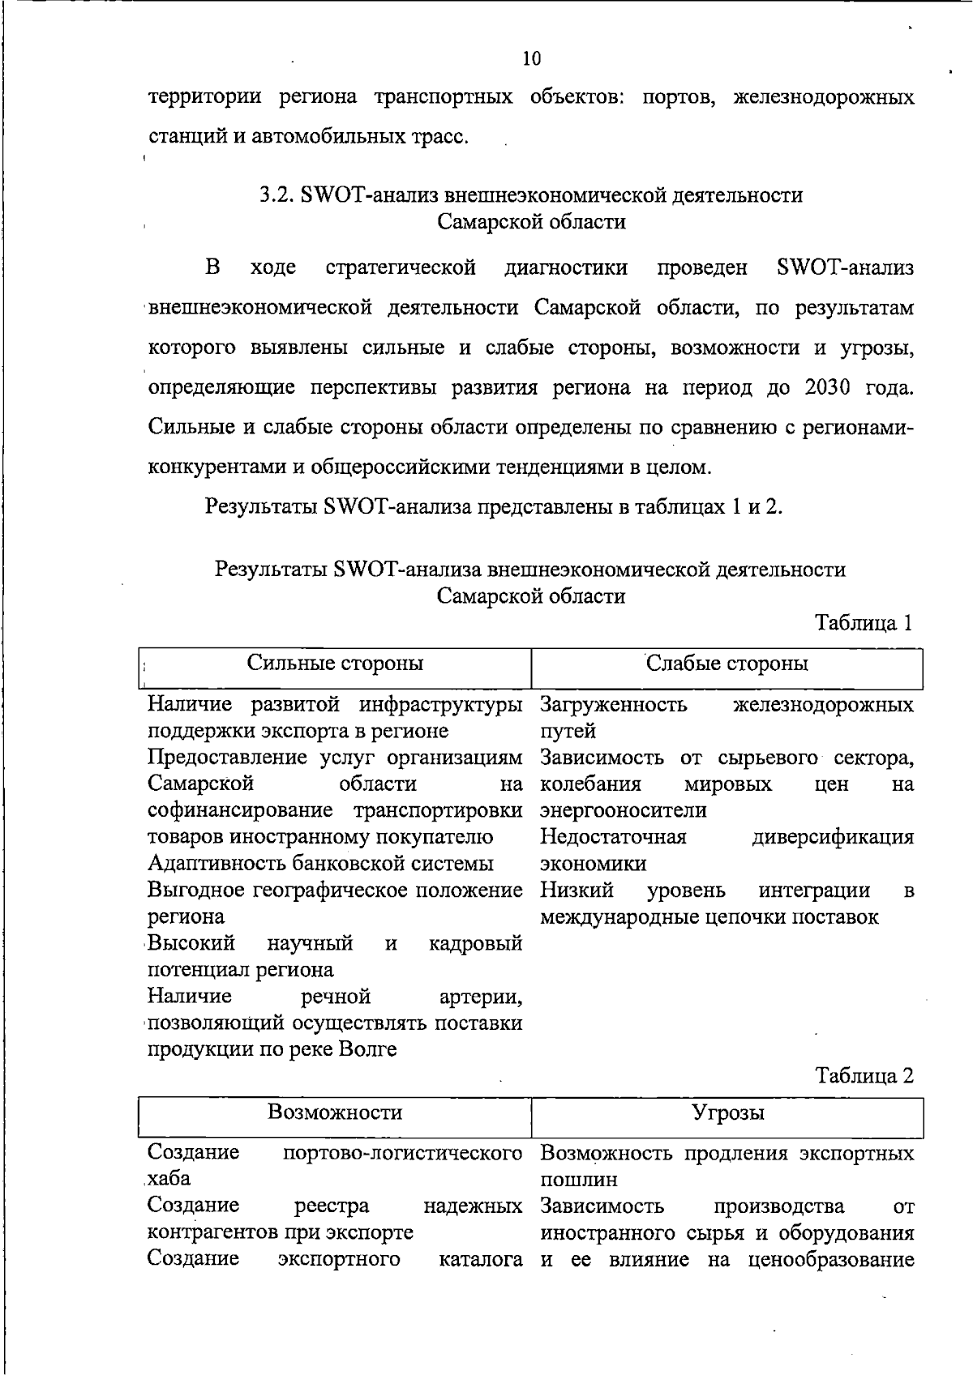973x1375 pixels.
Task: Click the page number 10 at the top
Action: click(x=531, y=58)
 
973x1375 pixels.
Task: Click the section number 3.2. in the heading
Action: click(x=276, y=195)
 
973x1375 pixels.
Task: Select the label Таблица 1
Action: click(x=864, y=623)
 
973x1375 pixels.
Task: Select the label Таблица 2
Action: click(x=864, y=1075)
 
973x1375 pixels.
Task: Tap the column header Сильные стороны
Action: click(x=335, y=664)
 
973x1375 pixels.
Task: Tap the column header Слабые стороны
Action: click(x=727, y=664)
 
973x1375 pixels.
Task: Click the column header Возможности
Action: click(x=335, y=1112)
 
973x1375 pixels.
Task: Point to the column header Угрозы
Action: click(x=727, y=1112)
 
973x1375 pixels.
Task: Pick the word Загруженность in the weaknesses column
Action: click(x=614, y=704)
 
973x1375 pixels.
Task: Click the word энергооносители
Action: click(x=623, y=810)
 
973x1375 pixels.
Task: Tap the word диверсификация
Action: click(x=833, y=837)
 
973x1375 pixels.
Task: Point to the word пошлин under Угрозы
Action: click(x=578, y=1180)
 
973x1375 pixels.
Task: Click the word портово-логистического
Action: click(x=402, y=1153)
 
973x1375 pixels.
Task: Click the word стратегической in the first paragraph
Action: click(x=400, y=268)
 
